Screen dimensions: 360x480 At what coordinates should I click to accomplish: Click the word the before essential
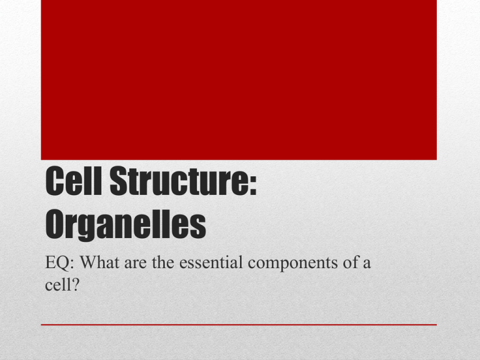(166, 264)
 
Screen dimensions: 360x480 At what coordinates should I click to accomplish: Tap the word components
(294, 266)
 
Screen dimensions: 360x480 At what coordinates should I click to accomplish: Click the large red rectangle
(239, 80)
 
